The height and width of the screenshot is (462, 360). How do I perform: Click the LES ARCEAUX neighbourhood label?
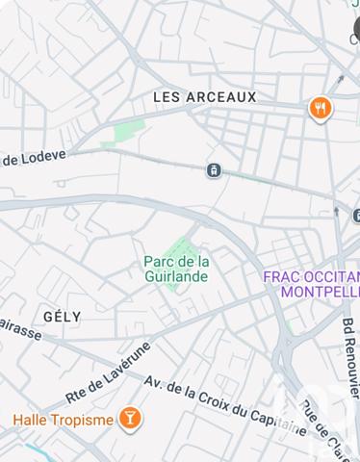205,97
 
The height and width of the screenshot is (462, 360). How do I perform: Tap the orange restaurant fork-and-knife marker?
321,109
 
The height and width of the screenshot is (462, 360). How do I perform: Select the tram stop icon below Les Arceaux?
213,170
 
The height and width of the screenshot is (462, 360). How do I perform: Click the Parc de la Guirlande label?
176,269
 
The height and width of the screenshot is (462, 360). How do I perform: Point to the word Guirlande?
176,276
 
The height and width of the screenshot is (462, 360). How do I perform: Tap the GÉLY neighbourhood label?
63,316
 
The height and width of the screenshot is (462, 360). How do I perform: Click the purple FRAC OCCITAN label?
311,275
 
